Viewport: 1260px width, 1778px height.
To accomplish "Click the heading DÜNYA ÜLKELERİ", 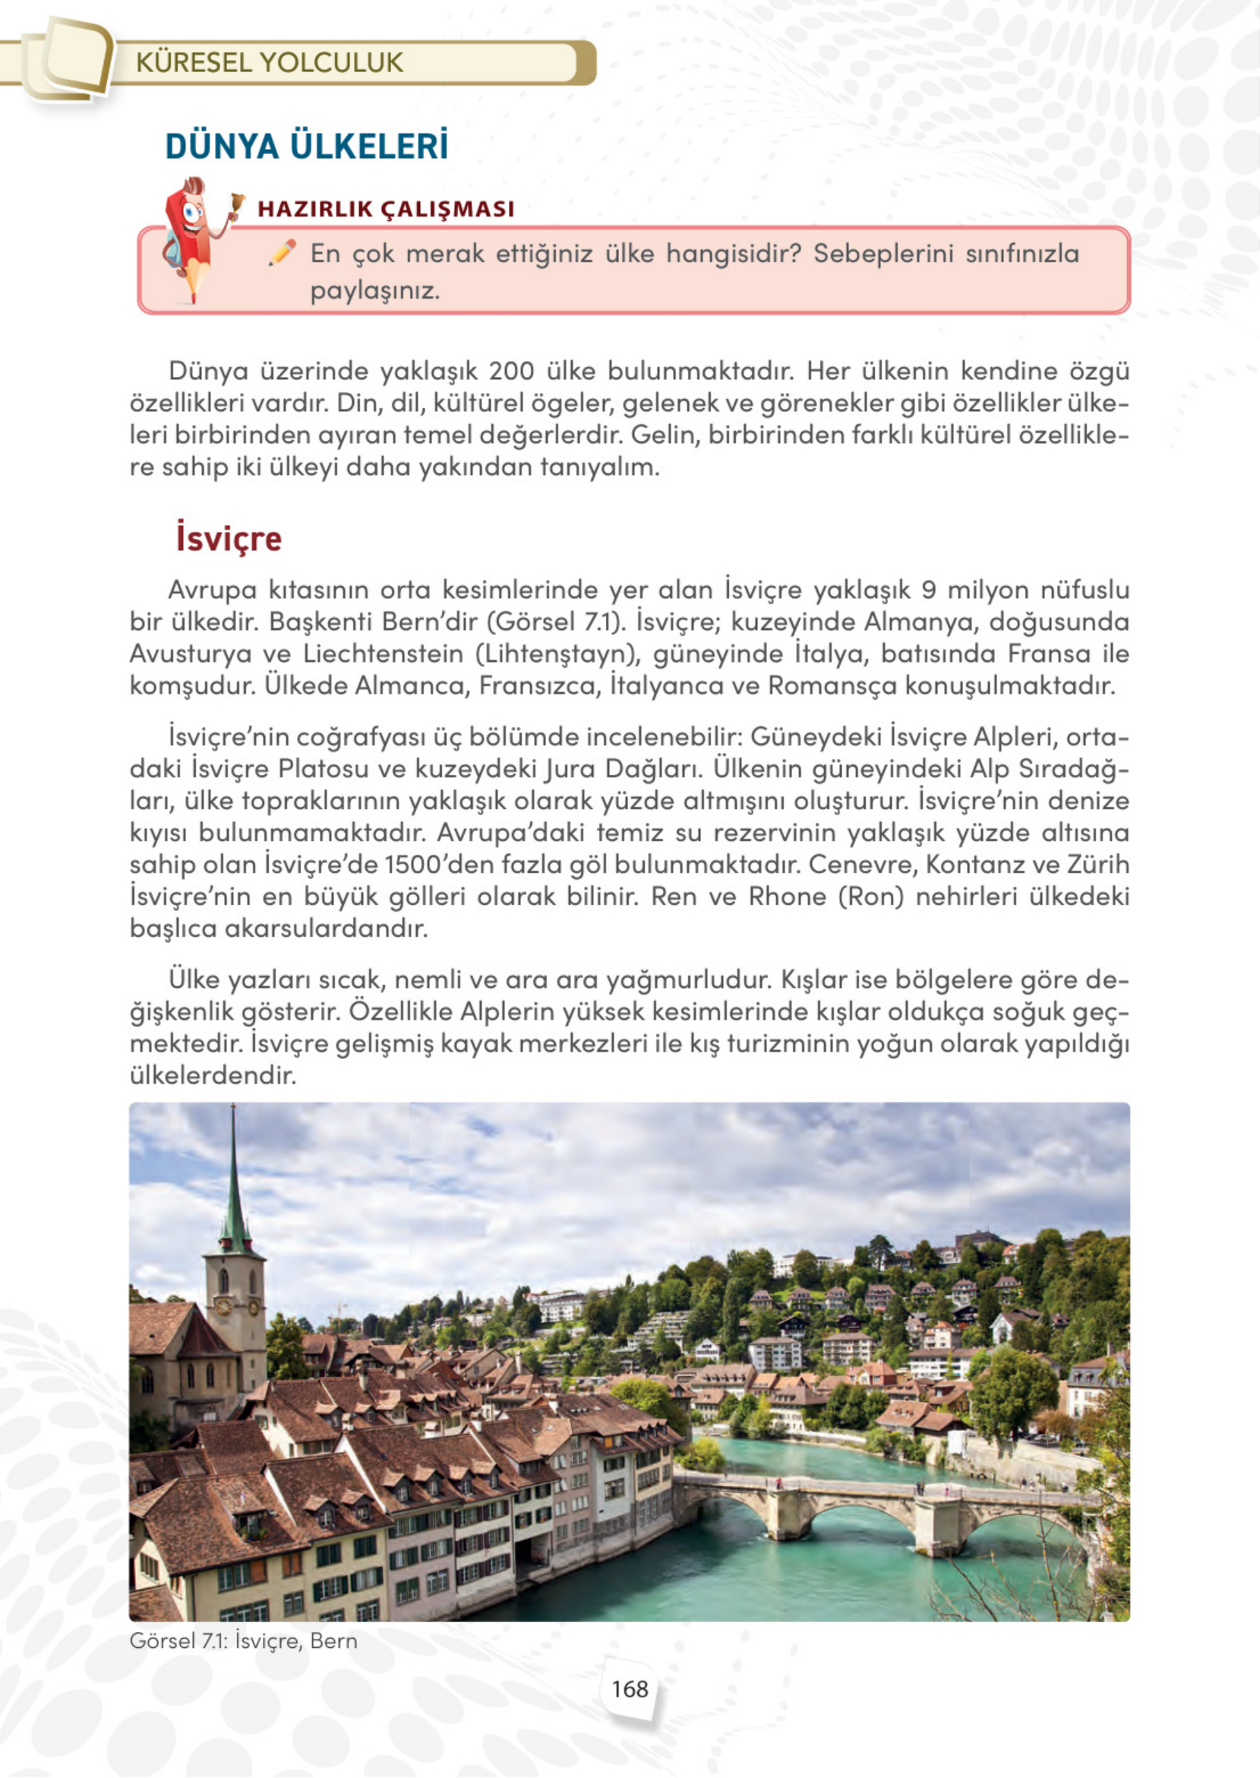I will pyautogui.click(x=307, y=147).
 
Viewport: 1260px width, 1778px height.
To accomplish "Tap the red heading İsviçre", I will pyautogui.click(x=228, y=538).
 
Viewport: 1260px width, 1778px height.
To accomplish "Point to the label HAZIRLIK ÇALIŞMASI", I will pyautogui.click(x=386, y=209).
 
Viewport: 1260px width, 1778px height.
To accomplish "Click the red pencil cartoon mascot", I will pyautogui.click(x=191, y=237).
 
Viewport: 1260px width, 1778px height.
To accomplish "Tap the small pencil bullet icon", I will pyautogui.click(x=283, y=253).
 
